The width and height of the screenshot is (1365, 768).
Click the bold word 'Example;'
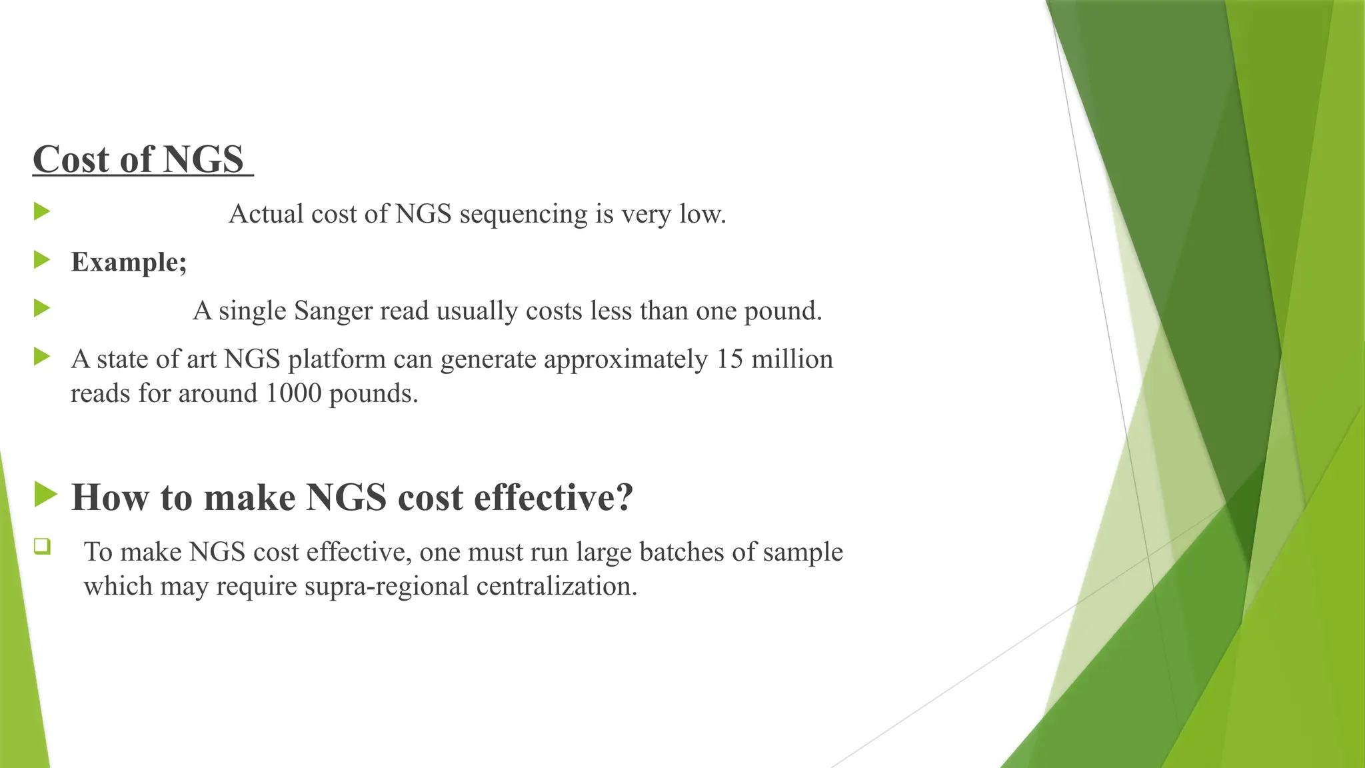pos(129,262)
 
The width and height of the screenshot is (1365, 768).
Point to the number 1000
pos(293,393)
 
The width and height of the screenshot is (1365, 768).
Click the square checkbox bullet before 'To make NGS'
pos(42,547)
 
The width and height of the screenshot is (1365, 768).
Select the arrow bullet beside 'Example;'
pos(42,259)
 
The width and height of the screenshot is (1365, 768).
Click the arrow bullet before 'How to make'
pos(45,495)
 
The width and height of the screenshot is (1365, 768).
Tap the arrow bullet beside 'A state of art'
pos(42,357)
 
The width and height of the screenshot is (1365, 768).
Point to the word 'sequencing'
pos(523,215)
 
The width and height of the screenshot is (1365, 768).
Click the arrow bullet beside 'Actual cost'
pos(42,212)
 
